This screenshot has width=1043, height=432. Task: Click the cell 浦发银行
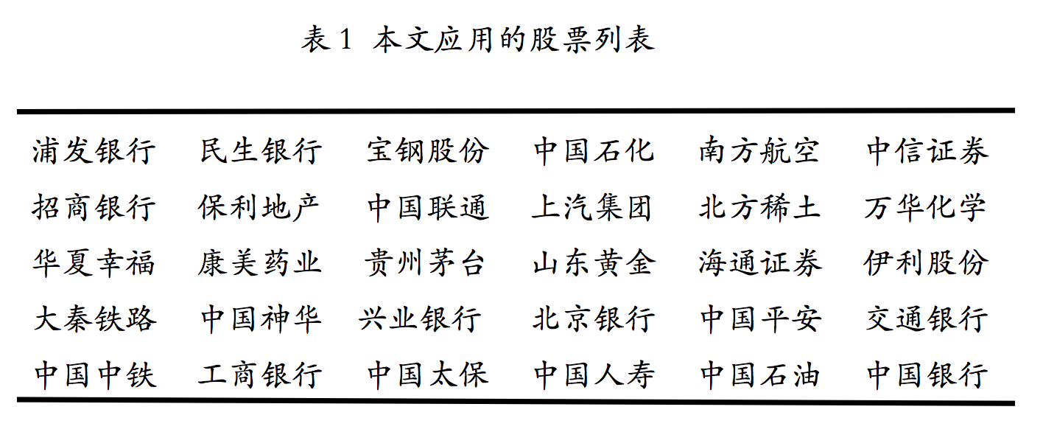tap(94, 151)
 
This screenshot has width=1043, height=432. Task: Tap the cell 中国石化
tap(594, 151)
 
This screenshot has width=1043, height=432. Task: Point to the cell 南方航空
tap(759, 151)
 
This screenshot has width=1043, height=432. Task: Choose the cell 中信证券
tap(927, 151)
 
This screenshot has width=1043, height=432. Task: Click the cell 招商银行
tap(94, 207)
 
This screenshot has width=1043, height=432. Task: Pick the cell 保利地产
tap(259, 207)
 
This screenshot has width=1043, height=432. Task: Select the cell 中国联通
tap(428, 207)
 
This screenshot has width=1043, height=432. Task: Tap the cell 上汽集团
tap(593, 207)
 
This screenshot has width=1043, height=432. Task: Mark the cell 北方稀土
tap(759, 207)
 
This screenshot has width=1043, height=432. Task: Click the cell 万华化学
tap(926, 207)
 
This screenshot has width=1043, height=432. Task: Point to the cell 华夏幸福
tap(94, 263)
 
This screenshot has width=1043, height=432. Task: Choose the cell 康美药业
tap(259, 263)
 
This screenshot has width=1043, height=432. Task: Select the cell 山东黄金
tap(594, 263)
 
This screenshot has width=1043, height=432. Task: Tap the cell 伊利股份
tap(926, 263)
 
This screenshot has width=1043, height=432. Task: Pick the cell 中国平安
tap(760, 319)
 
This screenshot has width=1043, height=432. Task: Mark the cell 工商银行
tap(259, 375)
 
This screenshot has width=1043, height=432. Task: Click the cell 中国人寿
tap(594, 375)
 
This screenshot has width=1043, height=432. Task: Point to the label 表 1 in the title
tap(326, 40)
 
